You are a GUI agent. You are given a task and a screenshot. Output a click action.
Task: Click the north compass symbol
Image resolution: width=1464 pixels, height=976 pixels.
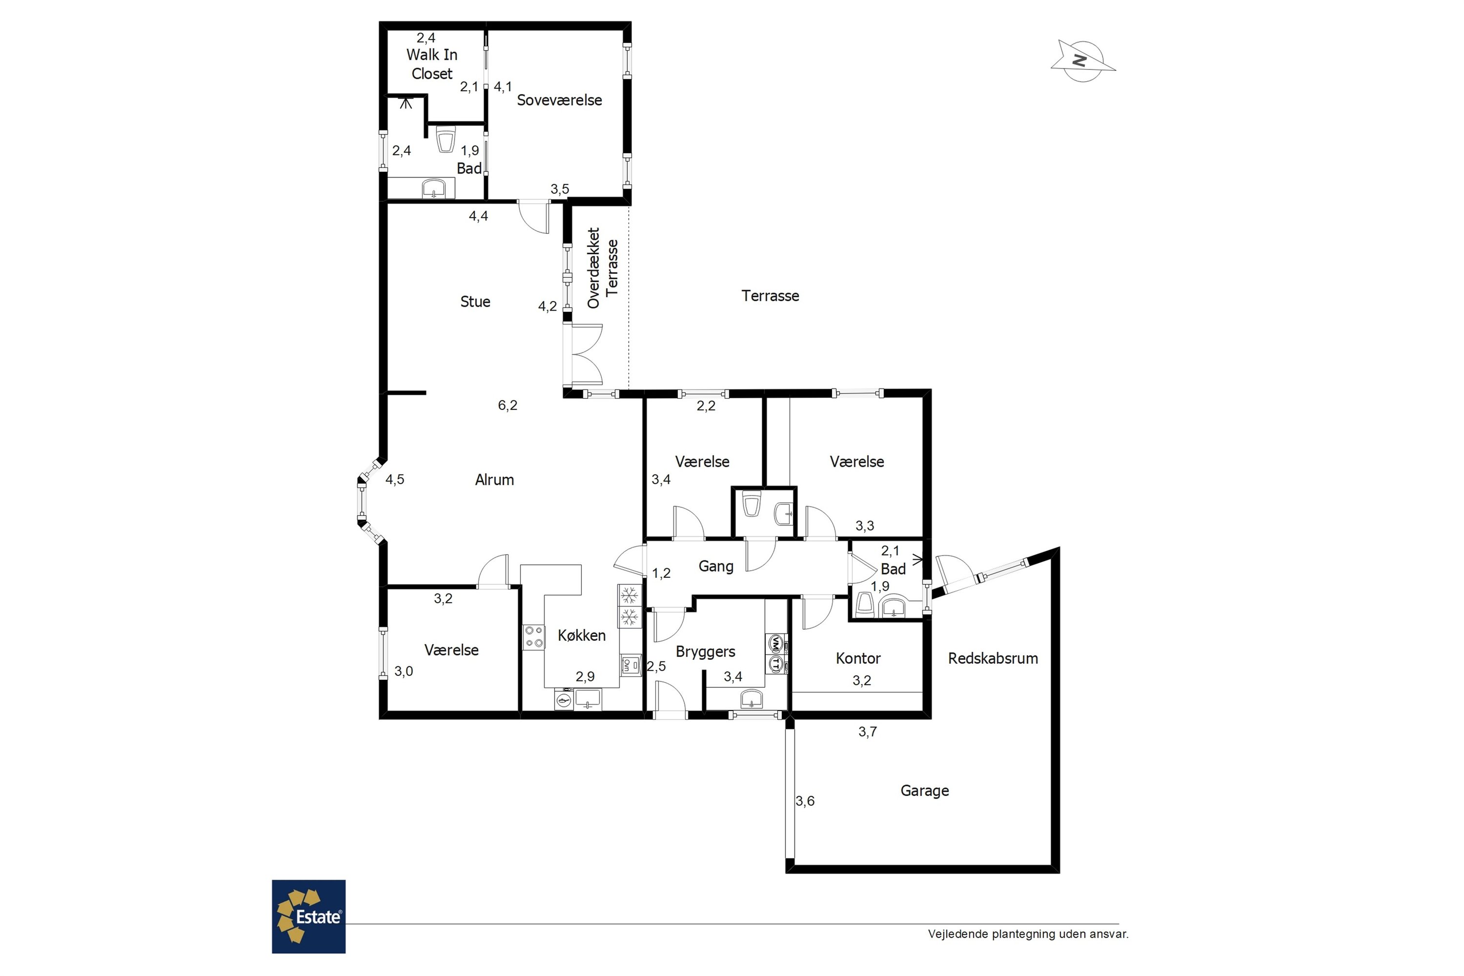(x=1082, y=61)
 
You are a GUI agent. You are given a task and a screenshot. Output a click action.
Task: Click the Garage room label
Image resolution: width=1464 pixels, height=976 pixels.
(x=924, y=791)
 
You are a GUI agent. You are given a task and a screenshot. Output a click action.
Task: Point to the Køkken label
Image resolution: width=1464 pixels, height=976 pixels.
(x=581, y=635)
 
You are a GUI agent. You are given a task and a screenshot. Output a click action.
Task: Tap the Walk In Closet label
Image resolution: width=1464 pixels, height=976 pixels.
(x=432, y=64)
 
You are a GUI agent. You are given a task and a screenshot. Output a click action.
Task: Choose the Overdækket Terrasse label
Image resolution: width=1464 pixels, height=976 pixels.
(x=603, y=267)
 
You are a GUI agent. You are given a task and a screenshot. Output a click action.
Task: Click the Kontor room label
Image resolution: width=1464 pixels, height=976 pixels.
(x=858, y=658)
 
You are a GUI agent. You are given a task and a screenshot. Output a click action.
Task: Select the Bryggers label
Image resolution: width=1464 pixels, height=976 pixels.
(x=705, y=651)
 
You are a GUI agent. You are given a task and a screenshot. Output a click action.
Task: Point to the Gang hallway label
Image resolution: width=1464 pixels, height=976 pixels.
(x=716, y=567)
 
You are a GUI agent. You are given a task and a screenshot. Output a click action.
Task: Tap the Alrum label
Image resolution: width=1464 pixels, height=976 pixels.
(x=494, y=479)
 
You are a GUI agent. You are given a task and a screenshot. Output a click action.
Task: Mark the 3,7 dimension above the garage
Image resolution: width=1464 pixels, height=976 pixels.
(x=867, y=732)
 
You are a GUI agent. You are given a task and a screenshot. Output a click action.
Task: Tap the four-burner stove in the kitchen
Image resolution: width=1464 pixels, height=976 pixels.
(x=533, y=637)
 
